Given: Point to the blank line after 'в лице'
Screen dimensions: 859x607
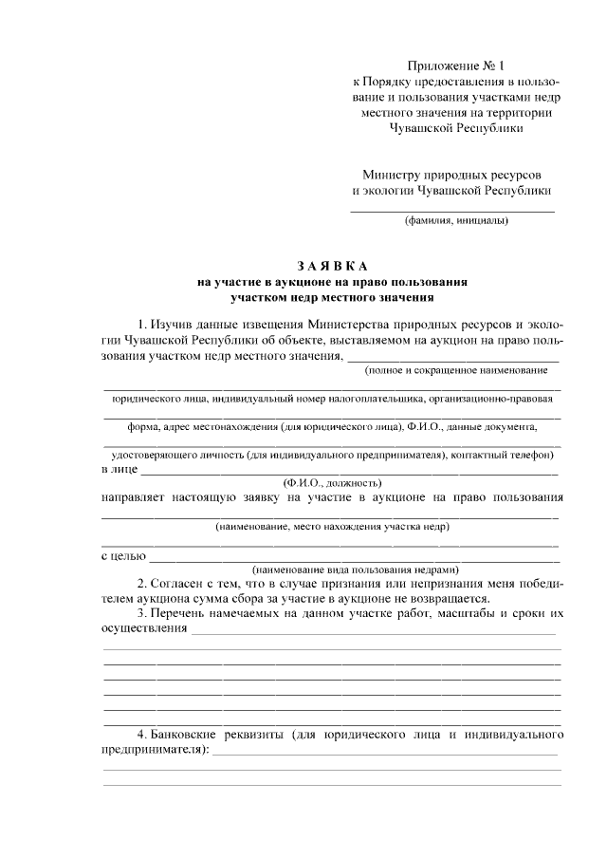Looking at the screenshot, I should tap(350, 472).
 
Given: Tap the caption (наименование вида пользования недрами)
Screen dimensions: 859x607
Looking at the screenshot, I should tap(331, 570).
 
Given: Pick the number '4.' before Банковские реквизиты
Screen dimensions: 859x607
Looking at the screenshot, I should tap(141, 735).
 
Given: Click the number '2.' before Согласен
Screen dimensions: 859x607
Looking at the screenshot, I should tap(141, 583).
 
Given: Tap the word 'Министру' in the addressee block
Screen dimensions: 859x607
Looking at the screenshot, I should tap(392, 175).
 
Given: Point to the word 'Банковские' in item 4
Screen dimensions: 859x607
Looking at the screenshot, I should tap(186, 735).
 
